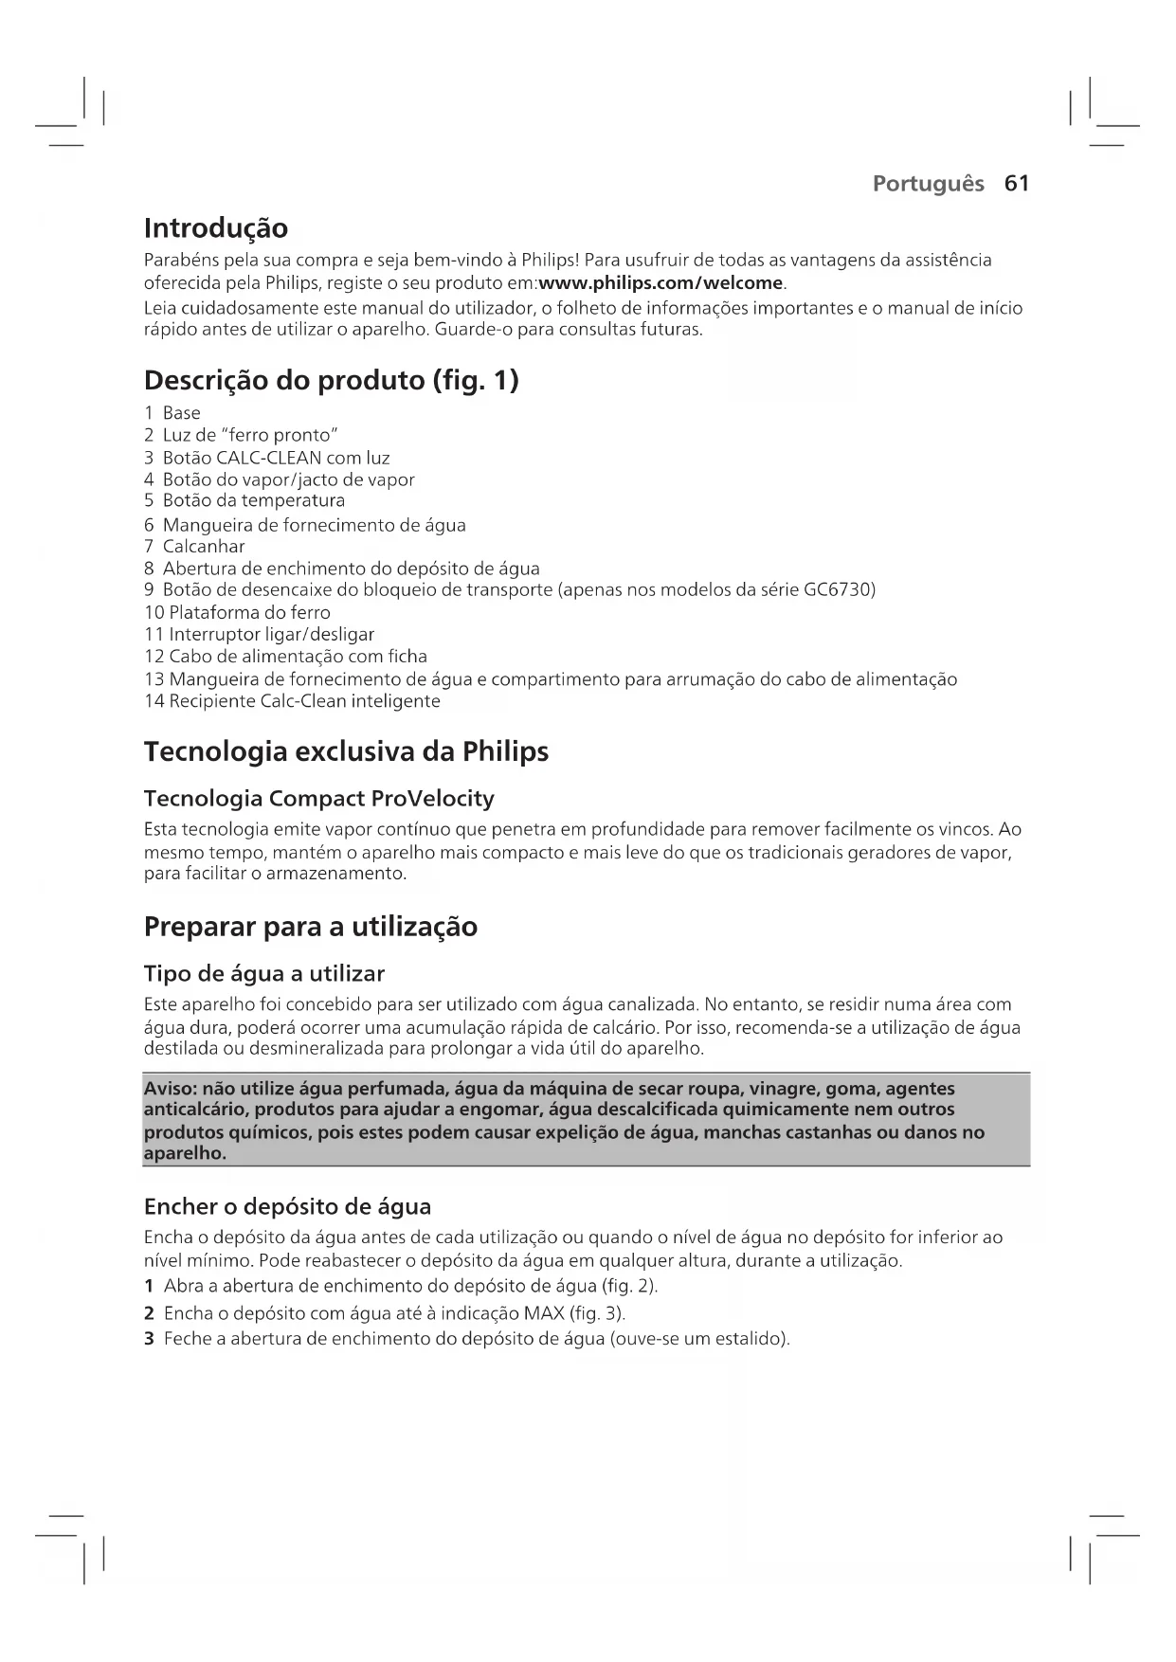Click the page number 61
coord(1016,183)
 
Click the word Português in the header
coord(928,183)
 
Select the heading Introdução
coord(215,228)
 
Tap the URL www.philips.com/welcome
coord(660,283)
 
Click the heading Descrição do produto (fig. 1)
coord(331,381)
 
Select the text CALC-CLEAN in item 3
coord(269,458)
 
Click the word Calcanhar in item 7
coord(204,547)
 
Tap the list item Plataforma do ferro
coord(249,612)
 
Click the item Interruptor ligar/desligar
coord(271,634)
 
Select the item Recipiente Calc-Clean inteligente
coord(304,701)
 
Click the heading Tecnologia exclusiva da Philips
coord(346,752)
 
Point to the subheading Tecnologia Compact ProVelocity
coord(318,799)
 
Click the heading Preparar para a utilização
coord(310,927)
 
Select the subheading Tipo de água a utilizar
coord(263,974)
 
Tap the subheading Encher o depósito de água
coord(287,1207)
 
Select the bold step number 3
coord(149,1339)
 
